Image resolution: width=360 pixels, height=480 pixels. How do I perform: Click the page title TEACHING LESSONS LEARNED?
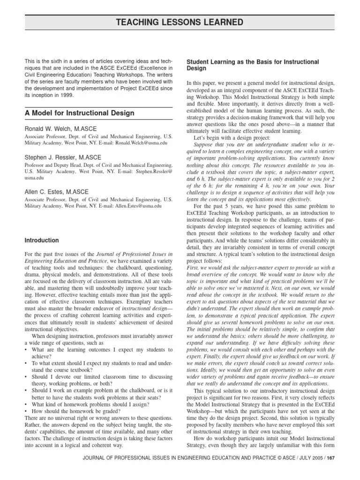tap(180, 22)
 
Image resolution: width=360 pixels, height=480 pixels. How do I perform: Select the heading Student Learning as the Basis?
tap(253, 62)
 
